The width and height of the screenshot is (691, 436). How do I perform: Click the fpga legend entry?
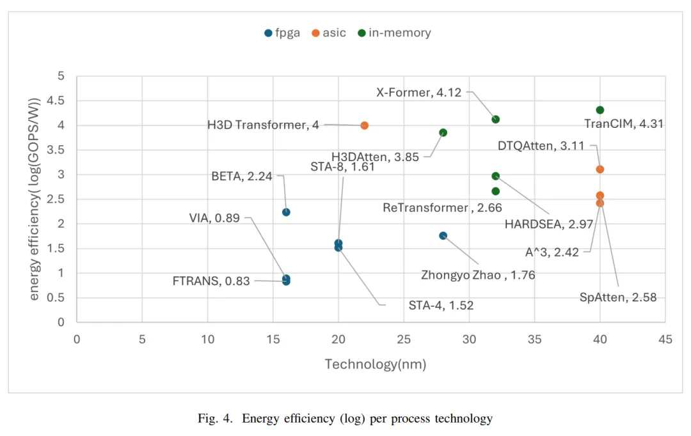[282, 33]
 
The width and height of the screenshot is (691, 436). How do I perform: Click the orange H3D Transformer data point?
[365, 125]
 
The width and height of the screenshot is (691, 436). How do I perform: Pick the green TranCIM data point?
[600, 110]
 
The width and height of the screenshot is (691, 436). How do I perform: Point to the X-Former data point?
[495, 120]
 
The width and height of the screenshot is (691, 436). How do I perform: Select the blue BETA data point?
[286, 212]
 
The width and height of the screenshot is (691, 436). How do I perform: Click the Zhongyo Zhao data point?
[443, 236]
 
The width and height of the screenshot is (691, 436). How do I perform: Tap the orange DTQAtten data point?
[600, 169]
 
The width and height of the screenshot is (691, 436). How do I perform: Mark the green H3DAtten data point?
[443, 133]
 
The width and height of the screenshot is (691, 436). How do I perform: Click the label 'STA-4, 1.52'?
[441, 306]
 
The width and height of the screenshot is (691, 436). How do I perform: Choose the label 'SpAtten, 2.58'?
[618, 297]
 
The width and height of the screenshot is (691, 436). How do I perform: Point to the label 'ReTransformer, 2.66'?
[442, 208]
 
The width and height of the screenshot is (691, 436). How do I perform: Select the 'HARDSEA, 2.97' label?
[549, 224]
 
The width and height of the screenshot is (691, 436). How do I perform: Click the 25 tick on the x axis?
[404, 339]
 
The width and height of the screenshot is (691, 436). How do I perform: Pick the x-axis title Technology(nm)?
[375, 364]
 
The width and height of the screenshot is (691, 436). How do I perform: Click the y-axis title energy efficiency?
[36, 199]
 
